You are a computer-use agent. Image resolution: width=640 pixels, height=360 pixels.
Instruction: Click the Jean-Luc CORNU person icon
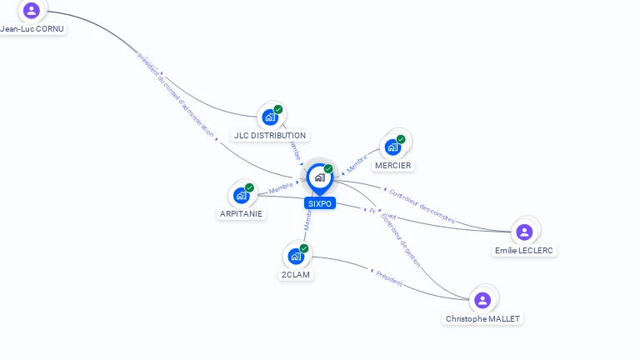tap(32, 10)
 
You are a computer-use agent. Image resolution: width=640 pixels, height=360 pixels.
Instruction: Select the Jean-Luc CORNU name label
tap(32, 28)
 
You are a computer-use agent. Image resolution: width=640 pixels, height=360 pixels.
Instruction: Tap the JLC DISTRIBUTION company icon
tap(270, 117)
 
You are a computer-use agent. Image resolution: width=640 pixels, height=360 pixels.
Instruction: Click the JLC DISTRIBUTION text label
tap(270, 135)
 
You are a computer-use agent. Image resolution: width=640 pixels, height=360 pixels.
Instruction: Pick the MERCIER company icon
tap(392, 147)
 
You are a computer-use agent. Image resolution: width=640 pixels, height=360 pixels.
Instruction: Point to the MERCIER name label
tap(393, 165)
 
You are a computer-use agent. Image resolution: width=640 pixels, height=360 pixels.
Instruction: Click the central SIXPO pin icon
tap(319, 177)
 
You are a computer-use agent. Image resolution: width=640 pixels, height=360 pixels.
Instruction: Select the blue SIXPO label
tap(319, 203)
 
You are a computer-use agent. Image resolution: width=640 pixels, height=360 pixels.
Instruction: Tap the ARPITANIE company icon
tap(242, 195)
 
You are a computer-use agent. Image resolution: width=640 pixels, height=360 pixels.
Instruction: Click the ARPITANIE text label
tap(241, 213)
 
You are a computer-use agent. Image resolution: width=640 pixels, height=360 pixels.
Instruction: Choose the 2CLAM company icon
tap(296, 257)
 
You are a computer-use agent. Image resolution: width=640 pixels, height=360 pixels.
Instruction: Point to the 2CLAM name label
tap(297, 275)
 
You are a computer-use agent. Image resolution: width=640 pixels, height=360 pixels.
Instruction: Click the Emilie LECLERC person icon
tap(524, 232)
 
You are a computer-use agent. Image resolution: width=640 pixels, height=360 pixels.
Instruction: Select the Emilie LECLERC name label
tap(524, 250)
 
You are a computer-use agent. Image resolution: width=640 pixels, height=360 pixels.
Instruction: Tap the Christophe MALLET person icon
tap(482, 300)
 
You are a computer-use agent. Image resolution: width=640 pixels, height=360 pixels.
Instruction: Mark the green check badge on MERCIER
tap(401, 139)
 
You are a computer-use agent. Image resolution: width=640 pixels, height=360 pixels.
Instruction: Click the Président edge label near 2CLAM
tap(388, 278)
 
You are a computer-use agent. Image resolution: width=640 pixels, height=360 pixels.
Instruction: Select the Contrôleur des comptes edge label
tap(422, 206)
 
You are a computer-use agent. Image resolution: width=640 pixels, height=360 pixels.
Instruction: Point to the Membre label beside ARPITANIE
tap(281, 187)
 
